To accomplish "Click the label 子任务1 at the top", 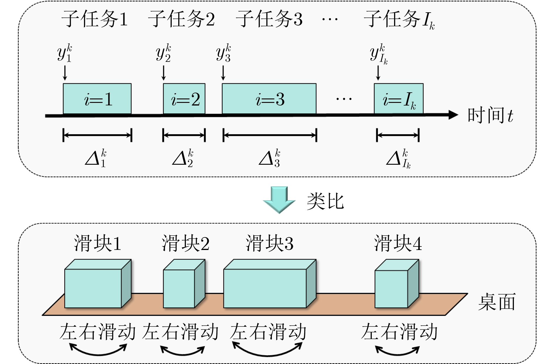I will pyautogui.click(x=95, y=19).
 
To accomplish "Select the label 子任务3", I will pyautogui.click(x=269, y=19).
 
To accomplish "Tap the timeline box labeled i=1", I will pyautogui.click(x=97, y=99).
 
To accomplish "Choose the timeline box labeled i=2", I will pyautogui.click(x=184, y=99).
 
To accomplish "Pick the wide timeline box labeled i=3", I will pyautogui.click(x=269, y=99).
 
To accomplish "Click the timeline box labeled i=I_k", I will pyautogui.click(x=398, y=99).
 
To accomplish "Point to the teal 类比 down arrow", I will pyautogui.click(x=279, y=200).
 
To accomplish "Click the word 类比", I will pyautogui.click(x=325, y=201).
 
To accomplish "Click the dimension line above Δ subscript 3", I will pyautogui.click(x=270, y=135).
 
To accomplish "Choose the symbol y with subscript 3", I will pyautogui.click(x=223, y=53).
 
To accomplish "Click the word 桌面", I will pyautogui.click(x=497, y=302).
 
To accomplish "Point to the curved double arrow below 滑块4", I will pyautogui.click(x=398, y=351).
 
